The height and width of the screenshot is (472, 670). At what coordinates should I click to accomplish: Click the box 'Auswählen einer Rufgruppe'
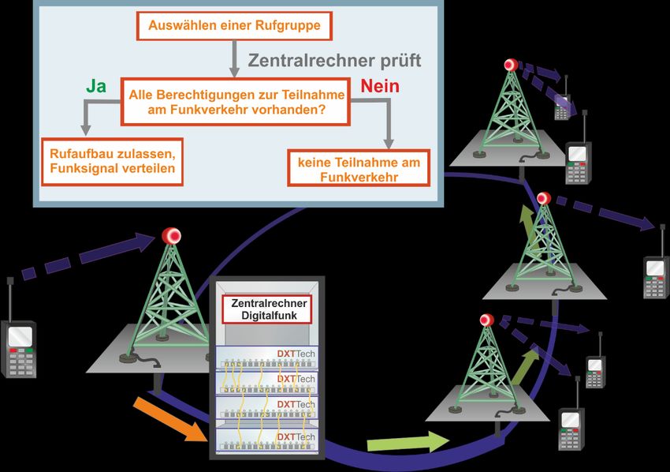pyautogui.click(x=234, y=27)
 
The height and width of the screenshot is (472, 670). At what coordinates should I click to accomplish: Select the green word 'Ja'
pyautogui.click(x=95, y=88)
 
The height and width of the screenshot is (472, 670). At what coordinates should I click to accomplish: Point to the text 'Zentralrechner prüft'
pyautogui.click(x=335, y=60)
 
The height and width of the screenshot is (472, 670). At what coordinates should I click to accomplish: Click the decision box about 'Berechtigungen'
pyautogui.click(x=236, y=101)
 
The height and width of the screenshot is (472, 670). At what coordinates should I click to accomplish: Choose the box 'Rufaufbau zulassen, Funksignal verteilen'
pyautogui.click(x=112, y=161)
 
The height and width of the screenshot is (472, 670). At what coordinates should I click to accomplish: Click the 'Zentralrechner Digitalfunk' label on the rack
pyautogui.click(x=268, y=309)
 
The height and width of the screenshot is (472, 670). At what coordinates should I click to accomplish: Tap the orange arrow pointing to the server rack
pyautogui.click(x=169, y=419)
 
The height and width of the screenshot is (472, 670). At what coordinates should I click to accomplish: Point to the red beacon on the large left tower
pyautogui.click(x=171, y=235)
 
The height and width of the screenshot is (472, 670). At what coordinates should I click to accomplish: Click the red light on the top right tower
pyautogui.click(x=510, y=65)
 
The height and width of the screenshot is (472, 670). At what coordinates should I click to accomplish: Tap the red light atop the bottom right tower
pyautogui.click(x=486, y=320)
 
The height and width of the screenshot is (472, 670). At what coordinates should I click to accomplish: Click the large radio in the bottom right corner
pyautogui.click(x=571, y=428)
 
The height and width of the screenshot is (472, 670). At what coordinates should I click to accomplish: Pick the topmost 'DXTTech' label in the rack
pyautogui.click(x=296, y=354)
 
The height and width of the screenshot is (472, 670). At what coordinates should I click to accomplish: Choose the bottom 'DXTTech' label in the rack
pyautogui.click(x=296, y=436)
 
